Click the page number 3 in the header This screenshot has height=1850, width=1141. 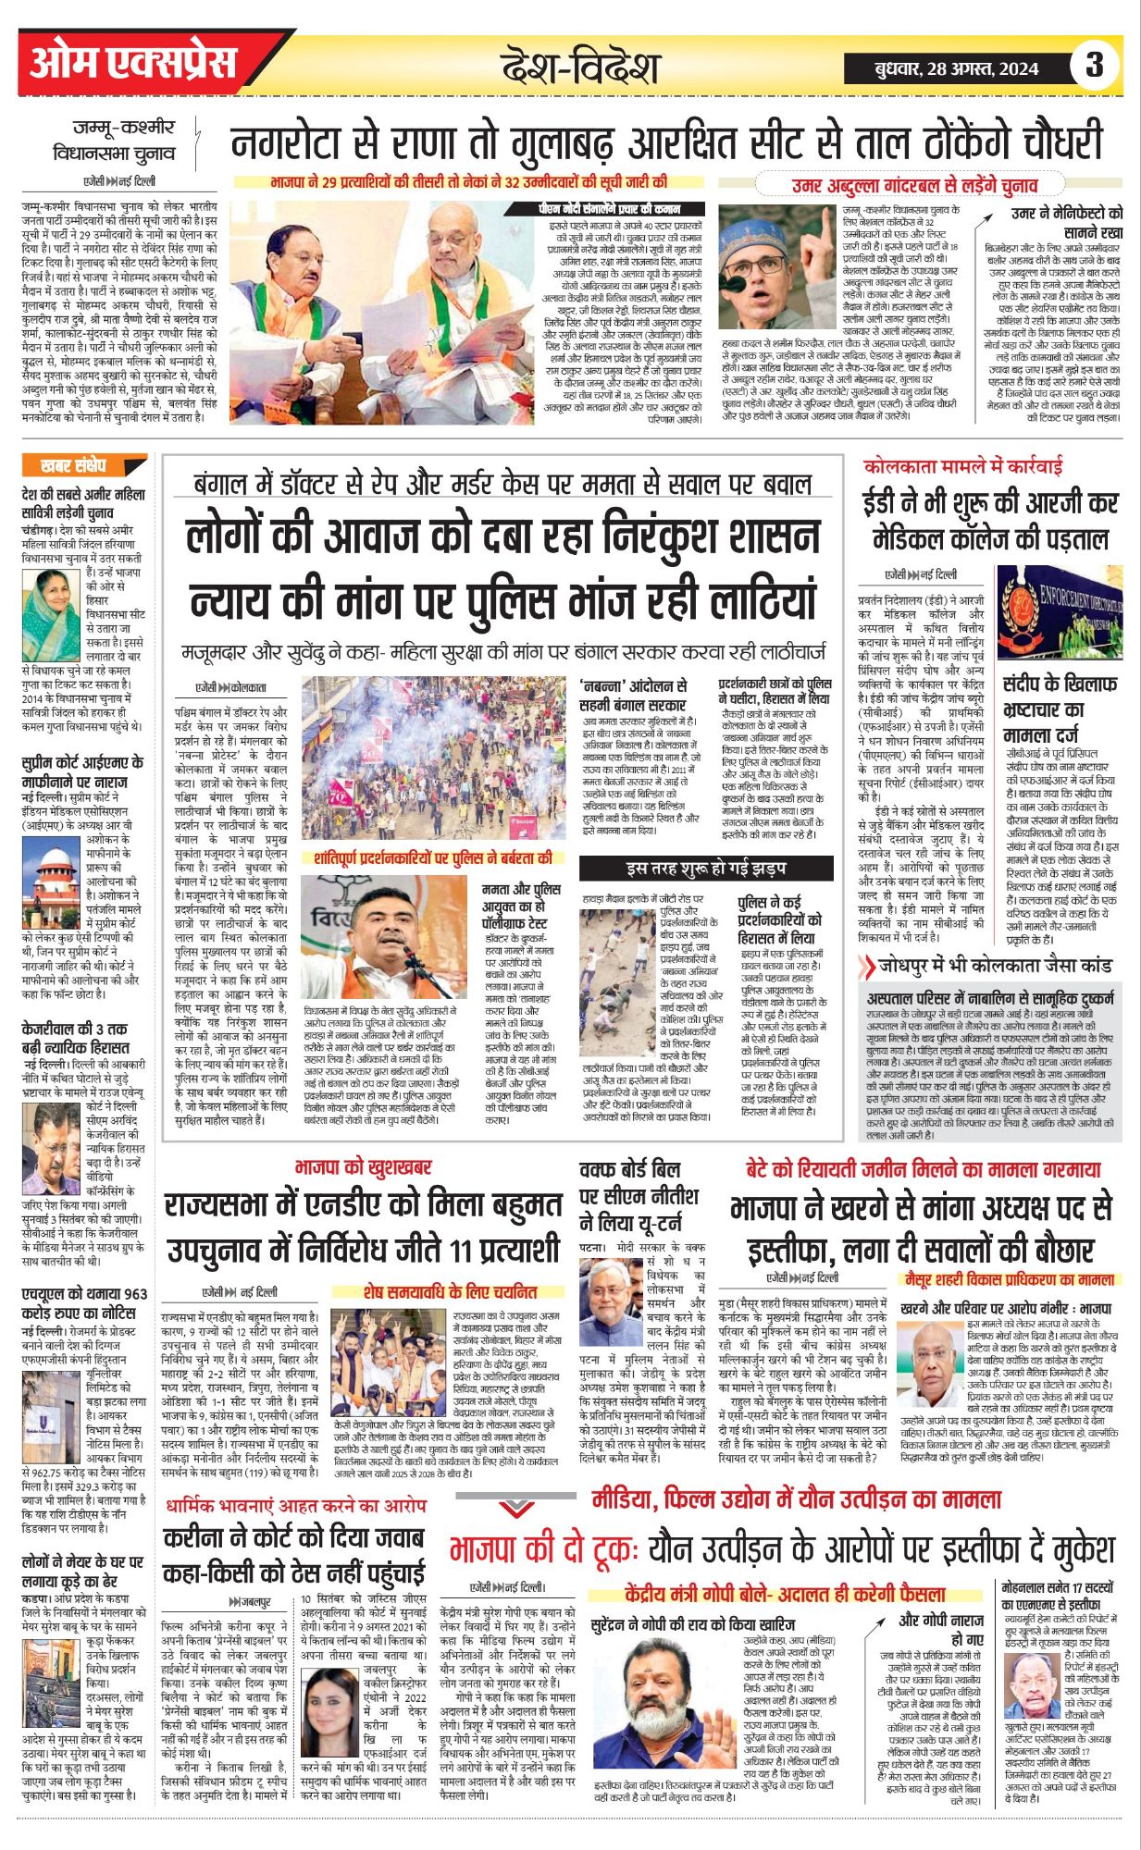[x=1094, y=65]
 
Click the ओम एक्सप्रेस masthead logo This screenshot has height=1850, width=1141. [x=134, y=63]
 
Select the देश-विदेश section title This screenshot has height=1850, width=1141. [x=579, y=68]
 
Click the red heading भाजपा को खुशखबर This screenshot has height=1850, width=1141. [x=363, y=1168]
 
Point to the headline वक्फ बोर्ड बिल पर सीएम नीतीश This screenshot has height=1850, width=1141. [x=639, y=1195]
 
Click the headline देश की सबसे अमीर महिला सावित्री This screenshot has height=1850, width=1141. [x=83, y=503]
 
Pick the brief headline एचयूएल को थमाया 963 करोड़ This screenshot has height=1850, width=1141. [x=84, y=1303]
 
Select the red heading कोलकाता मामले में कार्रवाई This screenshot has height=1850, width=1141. [x=962, y=466]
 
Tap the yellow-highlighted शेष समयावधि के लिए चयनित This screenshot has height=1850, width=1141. [x=450, y=1290]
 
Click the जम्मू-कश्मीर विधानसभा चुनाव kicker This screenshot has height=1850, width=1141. [x=124, y=140]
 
